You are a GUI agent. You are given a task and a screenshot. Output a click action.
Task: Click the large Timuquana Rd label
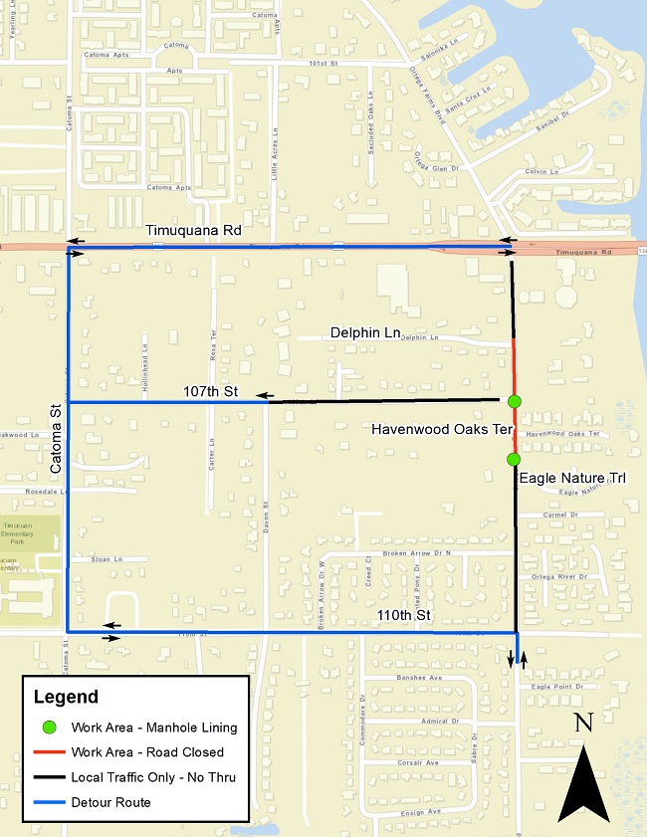click(194, 230)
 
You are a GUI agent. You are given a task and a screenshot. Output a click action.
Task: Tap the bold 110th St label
click(403, 617)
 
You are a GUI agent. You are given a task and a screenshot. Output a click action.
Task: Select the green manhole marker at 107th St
click(514, 401)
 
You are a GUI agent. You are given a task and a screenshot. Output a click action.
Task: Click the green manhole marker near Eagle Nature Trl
click(514, 459)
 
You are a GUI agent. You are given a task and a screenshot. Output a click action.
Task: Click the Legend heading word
click(66, 697)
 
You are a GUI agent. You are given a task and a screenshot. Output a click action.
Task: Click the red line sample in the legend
click(48, 752)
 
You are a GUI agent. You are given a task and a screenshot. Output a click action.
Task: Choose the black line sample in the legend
click(48, 777)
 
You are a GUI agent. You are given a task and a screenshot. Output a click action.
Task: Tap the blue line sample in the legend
click(48, 802)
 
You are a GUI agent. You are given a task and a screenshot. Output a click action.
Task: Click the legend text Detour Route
click(110, 802)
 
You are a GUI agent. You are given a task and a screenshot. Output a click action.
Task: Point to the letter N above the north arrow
click(583, 724)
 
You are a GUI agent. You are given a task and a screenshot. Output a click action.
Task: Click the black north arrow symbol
click(583, 781)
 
